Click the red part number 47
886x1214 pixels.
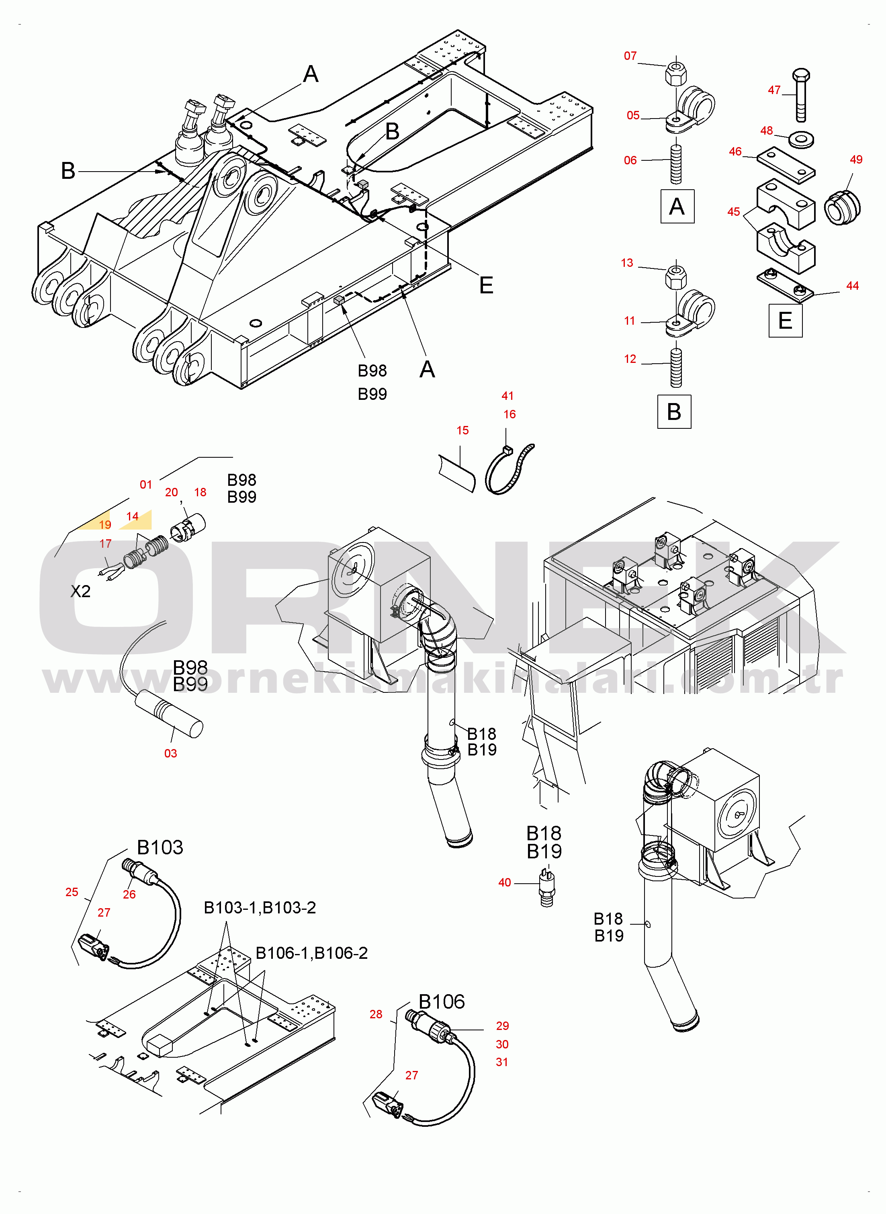773,90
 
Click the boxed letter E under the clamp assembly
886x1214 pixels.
785,321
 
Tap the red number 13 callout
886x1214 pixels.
626,263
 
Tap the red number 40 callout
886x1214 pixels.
504,882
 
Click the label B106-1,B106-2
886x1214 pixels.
311,953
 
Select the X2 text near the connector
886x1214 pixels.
80,592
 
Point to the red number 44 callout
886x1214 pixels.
852,286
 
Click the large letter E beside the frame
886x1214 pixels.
485,285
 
